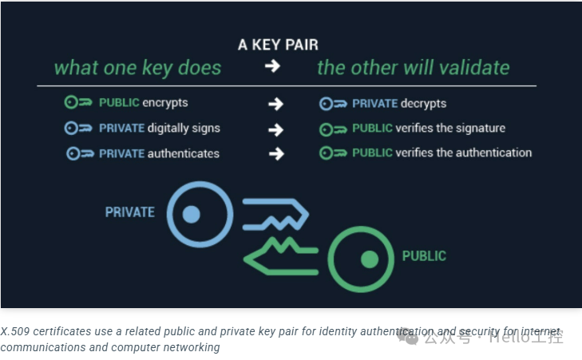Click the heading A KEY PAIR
click(278, 45)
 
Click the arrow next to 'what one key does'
click(273, 67)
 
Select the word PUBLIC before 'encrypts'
click(119, 103)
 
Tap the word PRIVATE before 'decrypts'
click(375, 104)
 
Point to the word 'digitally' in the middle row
click(172, 129)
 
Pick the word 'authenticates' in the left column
click(184, 153)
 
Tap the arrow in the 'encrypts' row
click(276, 104)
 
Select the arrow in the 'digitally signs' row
click(276, 129)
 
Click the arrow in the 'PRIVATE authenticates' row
click(276, 153)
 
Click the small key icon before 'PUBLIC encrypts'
click(80, 103)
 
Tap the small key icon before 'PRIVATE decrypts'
click(334, 104)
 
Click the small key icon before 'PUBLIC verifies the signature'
click(334, 129)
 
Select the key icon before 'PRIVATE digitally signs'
click(80, 129)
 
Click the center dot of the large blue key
click(191, 213)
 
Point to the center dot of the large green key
click(368, 259)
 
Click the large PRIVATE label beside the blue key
click(130, 212)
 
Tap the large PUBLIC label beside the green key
click(424, 257)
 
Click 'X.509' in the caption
click(15, 332)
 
